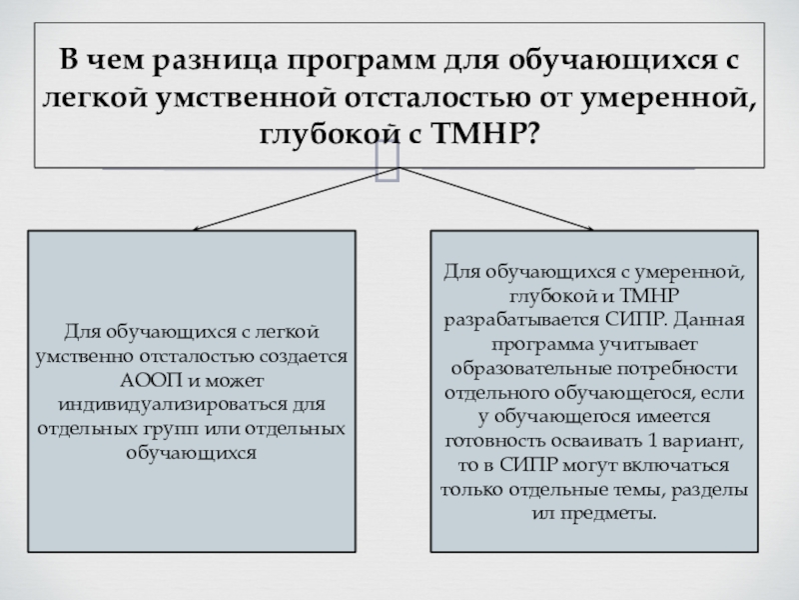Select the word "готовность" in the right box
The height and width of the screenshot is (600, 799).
click(x=492, y=443)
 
